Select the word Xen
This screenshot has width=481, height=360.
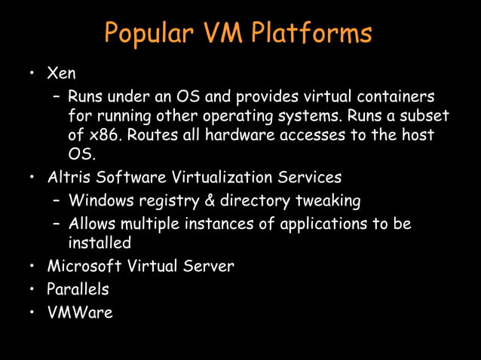(x=61, y=74)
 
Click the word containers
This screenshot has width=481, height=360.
(x=391, y=97)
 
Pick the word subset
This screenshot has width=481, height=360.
(x=423, y=117)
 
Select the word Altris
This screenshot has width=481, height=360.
(x=68, y=178)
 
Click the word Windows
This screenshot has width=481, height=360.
(x=100, y=201)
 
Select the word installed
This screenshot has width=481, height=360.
(x=100, y=243)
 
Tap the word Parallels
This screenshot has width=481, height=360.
(x=78, y=288)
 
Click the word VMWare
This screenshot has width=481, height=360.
(x=79, y=311)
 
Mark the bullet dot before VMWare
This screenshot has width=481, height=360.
(x=32, y=312)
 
